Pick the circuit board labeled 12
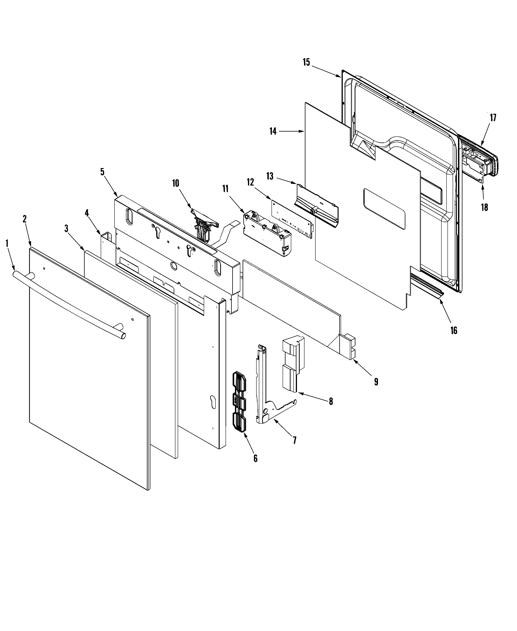(292, 220)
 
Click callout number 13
(270, 176)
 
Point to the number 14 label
(273, 131)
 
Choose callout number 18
(484, 207)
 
